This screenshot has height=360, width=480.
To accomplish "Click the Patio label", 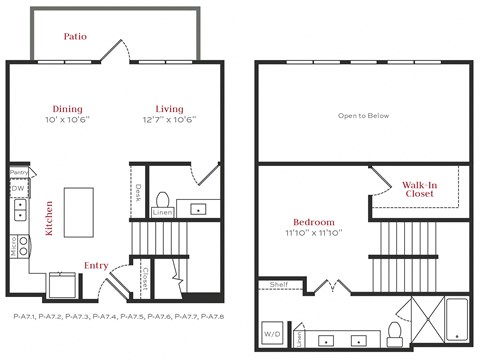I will click(x=75, y=36).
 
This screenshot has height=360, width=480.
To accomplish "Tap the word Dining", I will click(x=68, y=108).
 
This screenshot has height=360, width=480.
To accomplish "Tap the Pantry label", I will click(x=18, y=171).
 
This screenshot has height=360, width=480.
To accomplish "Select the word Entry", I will click(x=96, y=265).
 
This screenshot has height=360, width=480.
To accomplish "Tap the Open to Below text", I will click(x=363, y=114).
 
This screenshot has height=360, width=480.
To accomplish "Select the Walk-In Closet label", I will click(x=418, y=189).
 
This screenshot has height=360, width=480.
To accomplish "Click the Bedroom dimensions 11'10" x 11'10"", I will click(x=313, y=232).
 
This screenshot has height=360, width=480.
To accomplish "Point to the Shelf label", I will click(x=279, y=285).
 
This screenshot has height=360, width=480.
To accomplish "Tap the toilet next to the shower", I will click(x=394, y=330).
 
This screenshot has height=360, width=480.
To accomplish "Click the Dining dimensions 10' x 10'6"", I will click(x=68, y=119).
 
